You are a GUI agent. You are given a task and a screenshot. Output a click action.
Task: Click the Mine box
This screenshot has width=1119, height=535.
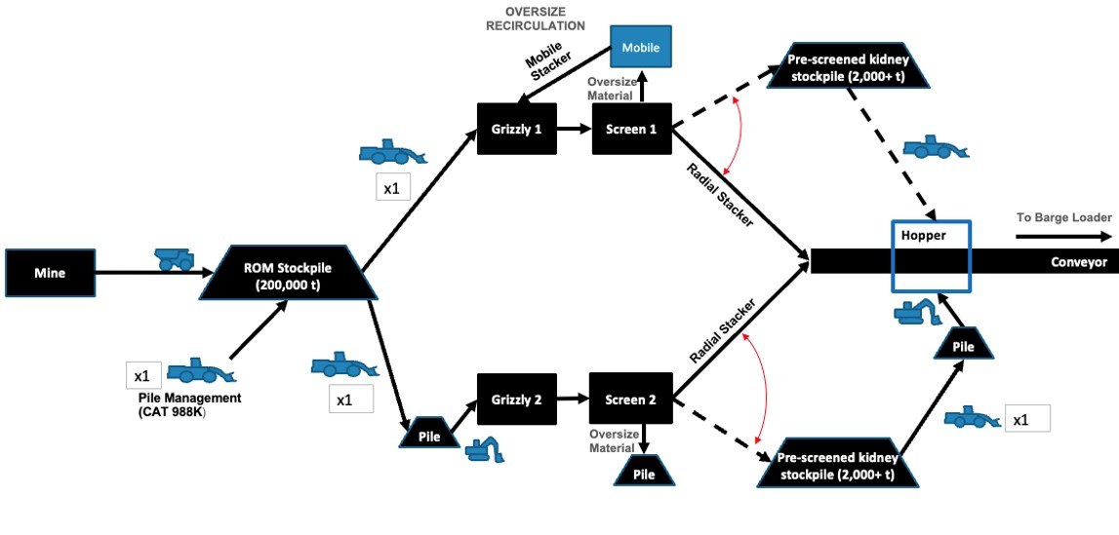50,273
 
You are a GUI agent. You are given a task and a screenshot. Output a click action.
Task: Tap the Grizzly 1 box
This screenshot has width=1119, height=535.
517,128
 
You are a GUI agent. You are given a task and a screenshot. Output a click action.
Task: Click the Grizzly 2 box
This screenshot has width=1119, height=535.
517,400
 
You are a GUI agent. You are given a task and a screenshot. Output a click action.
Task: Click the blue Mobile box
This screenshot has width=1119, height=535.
641,47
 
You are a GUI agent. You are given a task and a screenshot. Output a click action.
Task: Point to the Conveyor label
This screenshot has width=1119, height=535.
1078,262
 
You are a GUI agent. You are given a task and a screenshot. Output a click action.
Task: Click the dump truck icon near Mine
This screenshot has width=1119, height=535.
176,258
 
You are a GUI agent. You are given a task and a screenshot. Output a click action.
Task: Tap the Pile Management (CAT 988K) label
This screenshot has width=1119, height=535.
190,404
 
